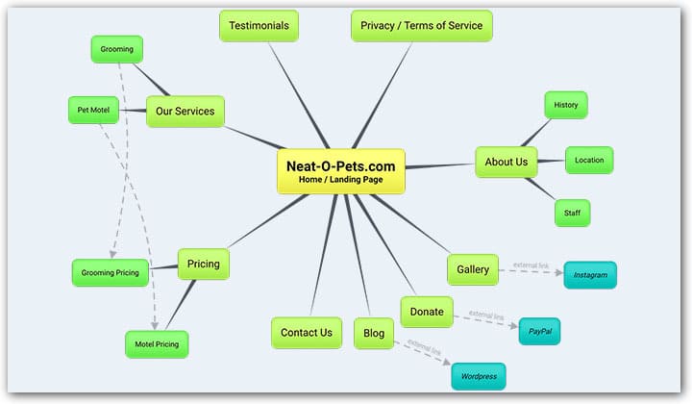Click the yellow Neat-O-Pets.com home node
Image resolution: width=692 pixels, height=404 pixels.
point(340,171)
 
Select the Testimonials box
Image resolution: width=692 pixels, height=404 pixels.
point(259,26)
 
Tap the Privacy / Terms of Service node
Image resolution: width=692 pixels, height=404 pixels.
point(422,26)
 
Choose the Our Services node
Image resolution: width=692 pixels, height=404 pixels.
point(185,112)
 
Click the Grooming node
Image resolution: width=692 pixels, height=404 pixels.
point(117,48)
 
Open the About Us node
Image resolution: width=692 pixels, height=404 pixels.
point(506,162)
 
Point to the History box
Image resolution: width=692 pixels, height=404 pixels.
point(565,105)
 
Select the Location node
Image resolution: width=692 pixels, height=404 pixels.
point(589,160)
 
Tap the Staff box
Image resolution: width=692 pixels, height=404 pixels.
point(572,213)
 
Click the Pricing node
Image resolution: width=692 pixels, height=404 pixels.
point(203,264)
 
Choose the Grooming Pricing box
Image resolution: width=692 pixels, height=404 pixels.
point(110,272)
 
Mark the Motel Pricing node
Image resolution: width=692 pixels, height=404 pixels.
point(157,343)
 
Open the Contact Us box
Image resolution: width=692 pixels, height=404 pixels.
point(306,333)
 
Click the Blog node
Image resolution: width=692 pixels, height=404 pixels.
point(374,333)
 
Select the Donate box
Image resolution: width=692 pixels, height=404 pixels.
point(427,312)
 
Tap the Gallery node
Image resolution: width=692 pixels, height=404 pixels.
point(473,269)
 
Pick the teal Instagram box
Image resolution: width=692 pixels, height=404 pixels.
point(590,275)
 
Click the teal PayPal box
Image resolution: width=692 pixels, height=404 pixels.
point(539,331)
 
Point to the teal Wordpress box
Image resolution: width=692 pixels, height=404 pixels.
point(479,376)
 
